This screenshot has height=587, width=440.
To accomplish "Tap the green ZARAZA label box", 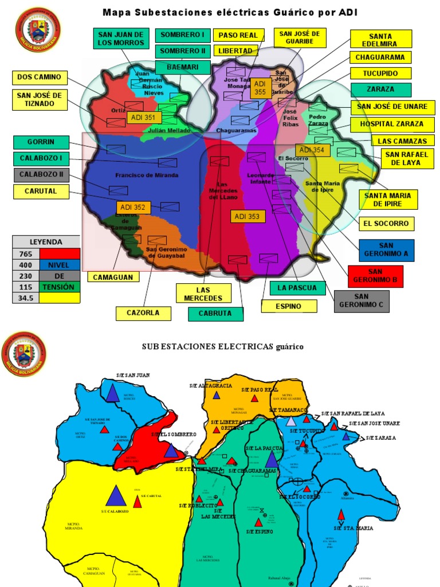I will (380, 90).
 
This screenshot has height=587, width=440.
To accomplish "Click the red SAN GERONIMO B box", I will (375, 276).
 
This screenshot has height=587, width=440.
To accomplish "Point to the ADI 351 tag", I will (144, 118).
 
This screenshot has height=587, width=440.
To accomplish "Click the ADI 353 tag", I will (248, 216).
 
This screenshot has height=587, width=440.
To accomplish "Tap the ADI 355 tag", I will (260, 87).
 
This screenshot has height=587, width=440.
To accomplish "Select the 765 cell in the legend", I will (25, 253).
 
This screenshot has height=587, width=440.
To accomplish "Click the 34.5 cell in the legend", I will (25, 298).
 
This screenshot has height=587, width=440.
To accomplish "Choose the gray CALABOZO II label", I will (41, 175).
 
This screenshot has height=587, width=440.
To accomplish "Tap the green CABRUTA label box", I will (215, 314).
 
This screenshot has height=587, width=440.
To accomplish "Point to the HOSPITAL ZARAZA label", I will (391, 123).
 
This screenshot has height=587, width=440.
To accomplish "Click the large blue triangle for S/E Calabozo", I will (116, 496).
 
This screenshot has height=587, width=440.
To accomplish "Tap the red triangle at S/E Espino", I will (258, 522).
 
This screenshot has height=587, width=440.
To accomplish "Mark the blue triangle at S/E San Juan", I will (112, 393).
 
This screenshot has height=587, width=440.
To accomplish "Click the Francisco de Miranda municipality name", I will (147, 175).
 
